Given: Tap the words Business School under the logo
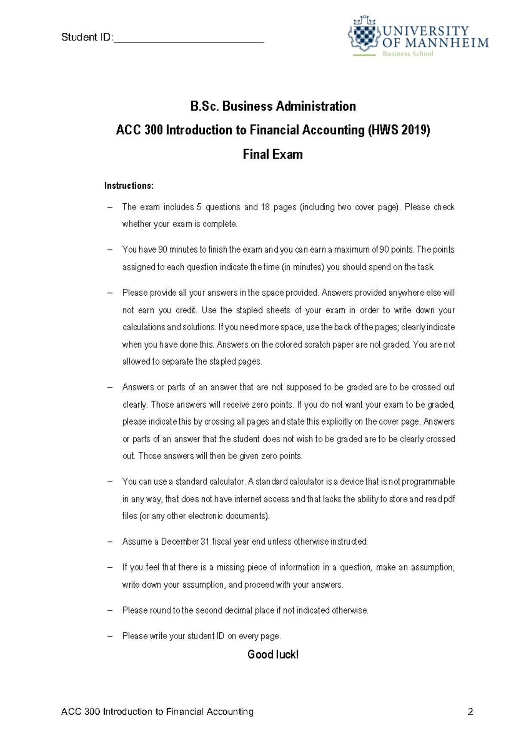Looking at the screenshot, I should (408, 54).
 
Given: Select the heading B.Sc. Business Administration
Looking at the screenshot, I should (273, 106).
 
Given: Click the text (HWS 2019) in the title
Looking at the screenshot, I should (399, 130).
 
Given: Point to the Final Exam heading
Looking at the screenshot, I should (273, 154).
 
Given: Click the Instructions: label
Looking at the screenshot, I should (129, 186).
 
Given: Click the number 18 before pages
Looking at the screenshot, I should (265, 207).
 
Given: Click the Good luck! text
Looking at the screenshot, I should (273, 655).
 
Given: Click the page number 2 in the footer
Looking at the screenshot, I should (470, 712).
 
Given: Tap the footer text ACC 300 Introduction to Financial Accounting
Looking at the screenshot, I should (157, 712).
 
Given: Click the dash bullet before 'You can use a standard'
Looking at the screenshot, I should (110, 482).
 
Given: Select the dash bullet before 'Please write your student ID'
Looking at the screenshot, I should (110, 636).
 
